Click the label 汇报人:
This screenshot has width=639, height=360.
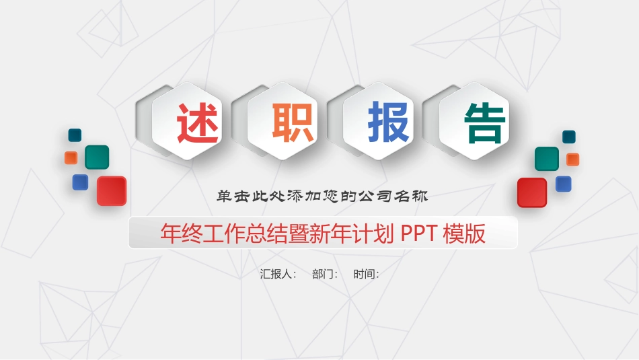278,274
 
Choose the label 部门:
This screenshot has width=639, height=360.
325,274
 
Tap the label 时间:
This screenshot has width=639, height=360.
366,274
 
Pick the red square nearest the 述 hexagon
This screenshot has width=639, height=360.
112,191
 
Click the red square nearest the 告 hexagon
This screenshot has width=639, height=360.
531,192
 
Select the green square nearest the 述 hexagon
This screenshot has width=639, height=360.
97,157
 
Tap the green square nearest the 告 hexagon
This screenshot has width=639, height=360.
547,159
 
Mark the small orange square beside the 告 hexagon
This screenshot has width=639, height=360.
572,159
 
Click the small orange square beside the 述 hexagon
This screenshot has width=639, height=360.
71,157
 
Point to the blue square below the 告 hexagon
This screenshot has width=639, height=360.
563,184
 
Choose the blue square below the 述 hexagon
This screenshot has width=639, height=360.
80,182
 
